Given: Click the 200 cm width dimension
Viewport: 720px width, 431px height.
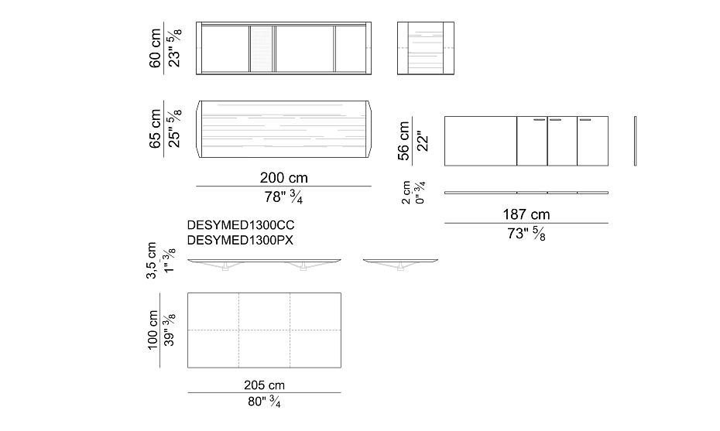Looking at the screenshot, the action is click(x=284, y=178).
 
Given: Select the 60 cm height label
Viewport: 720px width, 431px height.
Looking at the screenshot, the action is click(x=155, y=48).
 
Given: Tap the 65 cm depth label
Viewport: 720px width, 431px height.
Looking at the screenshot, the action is click(x=155, y=128).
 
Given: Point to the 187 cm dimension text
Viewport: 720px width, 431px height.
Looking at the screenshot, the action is click(x=526, y=214).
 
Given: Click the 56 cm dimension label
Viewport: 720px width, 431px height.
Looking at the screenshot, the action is click(x=403, y=141).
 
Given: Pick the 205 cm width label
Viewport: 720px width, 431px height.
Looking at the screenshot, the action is click(x=264, y=385).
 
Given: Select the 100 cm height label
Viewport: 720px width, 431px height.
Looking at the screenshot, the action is click(x=153, y=330).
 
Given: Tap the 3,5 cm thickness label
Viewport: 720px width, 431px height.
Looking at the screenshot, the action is click(x=151, y=261).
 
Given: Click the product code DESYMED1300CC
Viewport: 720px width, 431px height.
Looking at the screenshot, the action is click(x=241, y=225).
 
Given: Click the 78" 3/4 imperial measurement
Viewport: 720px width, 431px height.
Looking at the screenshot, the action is click(x=283, y=197).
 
